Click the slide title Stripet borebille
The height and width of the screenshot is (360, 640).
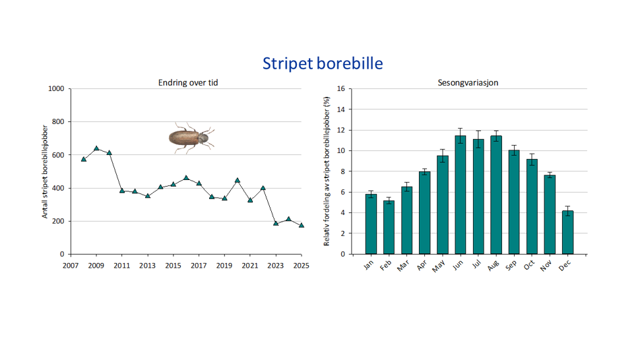click(x=322, y=63)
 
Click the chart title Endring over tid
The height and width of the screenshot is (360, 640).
click(x=188, y=82)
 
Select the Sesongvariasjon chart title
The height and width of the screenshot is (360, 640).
click(x=468, y=82)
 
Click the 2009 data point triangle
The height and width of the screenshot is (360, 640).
click(x=96, y=148)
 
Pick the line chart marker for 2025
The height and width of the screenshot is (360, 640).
click(x=302, y=225)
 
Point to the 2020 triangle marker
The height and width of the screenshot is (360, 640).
click(x=238, y=180)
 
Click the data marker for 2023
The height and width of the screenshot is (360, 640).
click(x=276, y=224)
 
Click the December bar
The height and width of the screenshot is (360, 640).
click(x=567, y=232)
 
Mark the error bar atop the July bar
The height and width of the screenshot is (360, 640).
click(x=478, y=139)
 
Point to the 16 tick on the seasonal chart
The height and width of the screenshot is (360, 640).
click(x=340, y=89)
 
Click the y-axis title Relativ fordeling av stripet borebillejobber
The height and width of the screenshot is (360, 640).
click(x=326, y=171)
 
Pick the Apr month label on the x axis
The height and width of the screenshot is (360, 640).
click(x=423, y=267)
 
